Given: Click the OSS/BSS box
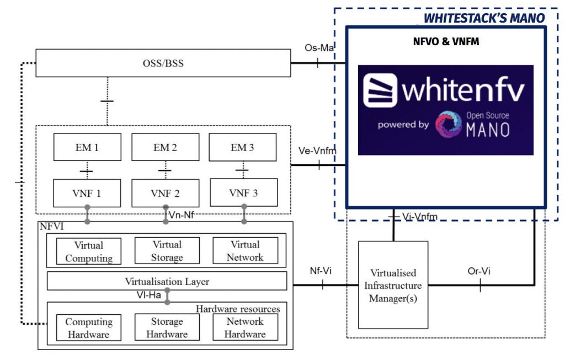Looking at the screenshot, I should point(163,63).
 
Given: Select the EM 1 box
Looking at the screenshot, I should point(87,147).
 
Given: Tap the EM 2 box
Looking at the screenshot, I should point(165,147).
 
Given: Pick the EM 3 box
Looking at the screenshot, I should point(243,147).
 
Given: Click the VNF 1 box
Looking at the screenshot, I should point(87,193).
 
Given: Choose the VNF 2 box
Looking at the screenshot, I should point(165,193).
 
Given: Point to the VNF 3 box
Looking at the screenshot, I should point(243,193).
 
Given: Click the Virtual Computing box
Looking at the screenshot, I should point(89,251).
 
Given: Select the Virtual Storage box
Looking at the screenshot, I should point(167,251).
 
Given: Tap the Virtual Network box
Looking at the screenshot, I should point(245,251).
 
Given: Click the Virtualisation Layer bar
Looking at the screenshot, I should point(167,281).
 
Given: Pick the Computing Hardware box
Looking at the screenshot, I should point(89,327).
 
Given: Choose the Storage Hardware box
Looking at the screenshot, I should point(167,327).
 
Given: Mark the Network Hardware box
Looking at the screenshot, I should point(245,327).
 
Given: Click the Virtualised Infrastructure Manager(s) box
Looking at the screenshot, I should point(393,285).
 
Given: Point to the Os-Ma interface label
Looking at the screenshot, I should point(319,48).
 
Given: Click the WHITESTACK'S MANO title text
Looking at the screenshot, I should point(484,18).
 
